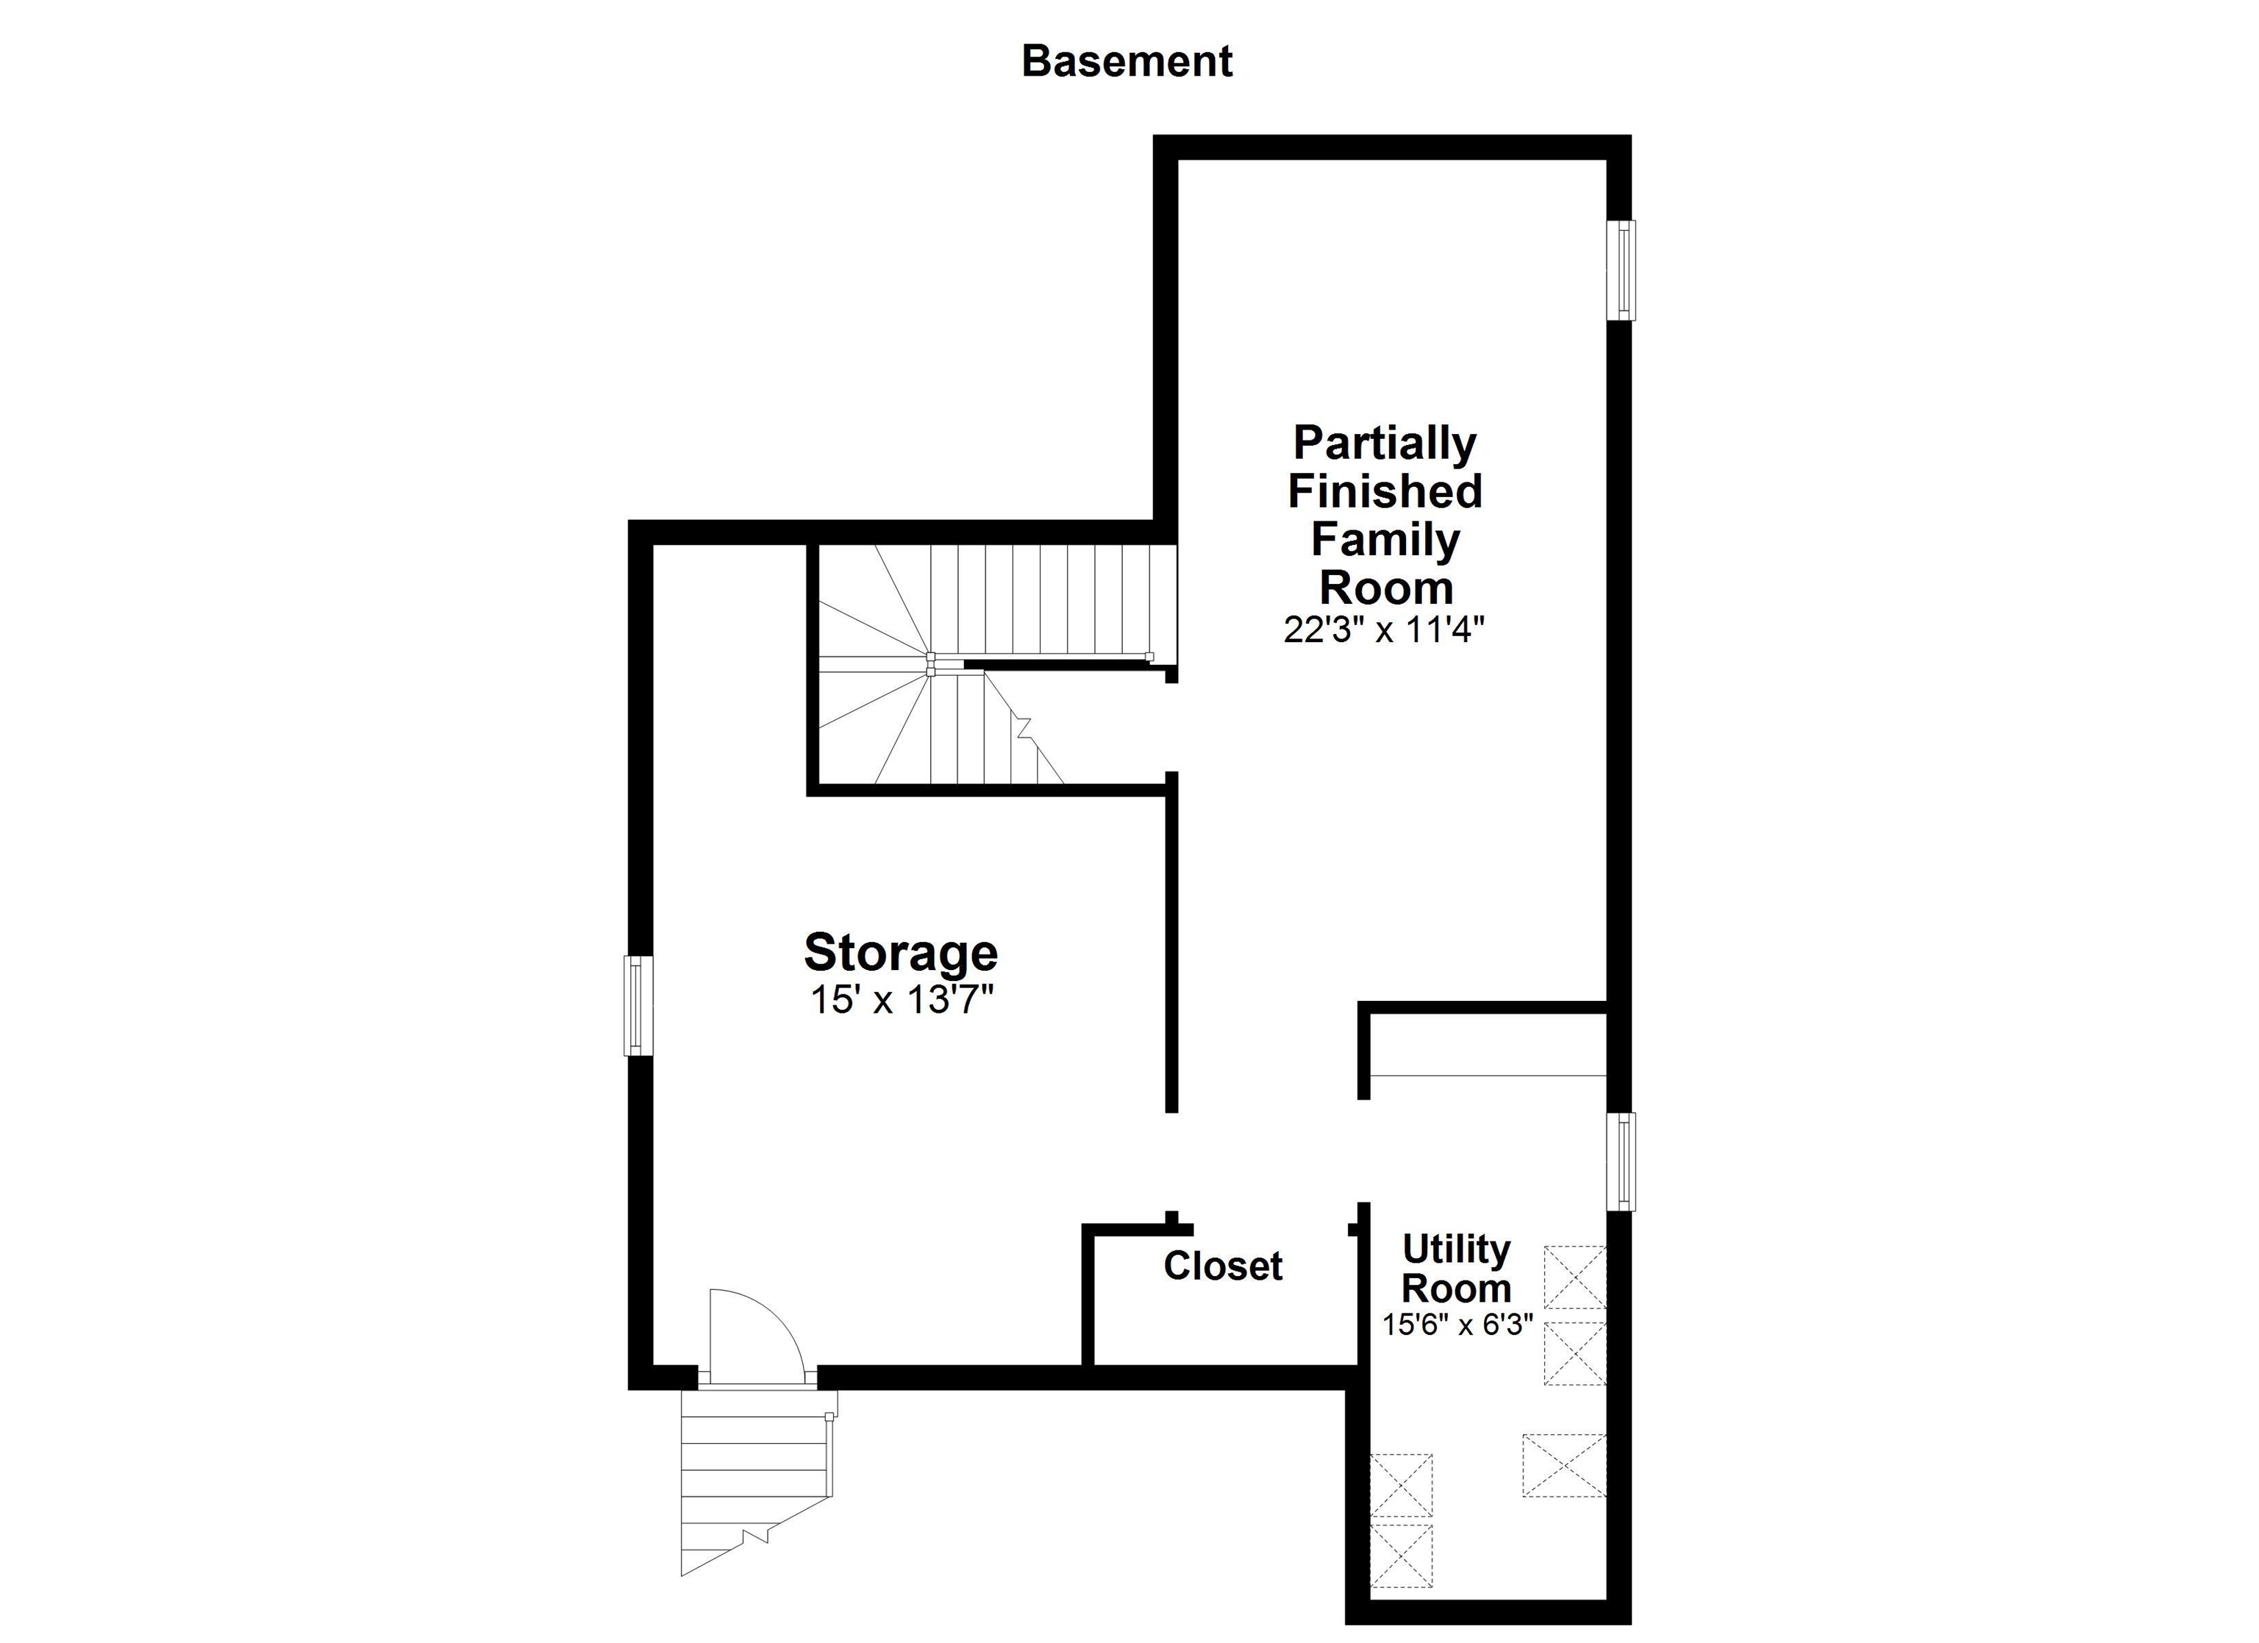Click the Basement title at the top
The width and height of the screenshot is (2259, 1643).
pos(1127,62)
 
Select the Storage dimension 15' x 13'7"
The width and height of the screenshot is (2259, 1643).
pos(902,1000)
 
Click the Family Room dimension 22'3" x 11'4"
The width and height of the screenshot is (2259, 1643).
pos(1385,630)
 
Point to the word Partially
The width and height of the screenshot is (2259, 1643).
pos(1385,443)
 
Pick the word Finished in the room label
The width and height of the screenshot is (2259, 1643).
pos(1385,491)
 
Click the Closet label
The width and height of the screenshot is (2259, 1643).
pos(1223,1266)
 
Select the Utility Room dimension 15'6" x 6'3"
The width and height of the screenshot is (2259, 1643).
pos(1456,1325)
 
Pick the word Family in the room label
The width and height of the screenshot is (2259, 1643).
pos(1385,539)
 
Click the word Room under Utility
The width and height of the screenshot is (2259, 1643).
pos(1456,1289)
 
